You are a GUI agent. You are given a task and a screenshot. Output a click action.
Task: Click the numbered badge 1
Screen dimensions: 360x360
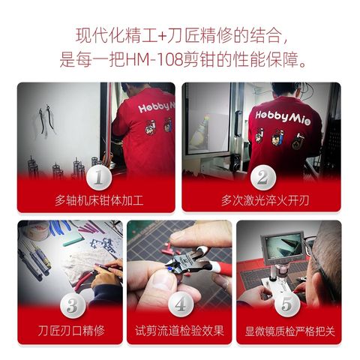(x=99, y=178)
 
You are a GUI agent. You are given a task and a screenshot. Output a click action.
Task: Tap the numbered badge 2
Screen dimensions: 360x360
(x=263, y=178)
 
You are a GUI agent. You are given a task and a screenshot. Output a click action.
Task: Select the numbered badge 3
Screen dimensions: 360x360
(x=73, y=305)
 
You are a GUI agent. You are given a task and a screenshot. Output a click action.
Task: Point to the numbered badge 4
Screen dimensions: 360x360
(x=181, y=304)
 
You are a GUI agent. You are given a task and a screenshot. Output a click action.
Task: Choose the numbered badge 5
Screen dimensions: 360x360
(x=287, y=304)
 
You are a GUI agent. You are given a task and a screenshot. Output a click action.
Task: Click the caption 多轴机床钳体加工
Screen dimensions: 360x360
(x=99, y=200)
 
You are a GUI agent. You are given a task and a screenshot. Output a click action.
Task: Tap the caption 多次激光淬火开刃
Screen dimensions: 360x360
(x=265, y=200)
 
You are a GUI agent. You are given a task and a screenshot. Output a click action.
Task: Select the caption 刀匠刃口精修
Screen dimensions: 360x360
(x=71, y=331)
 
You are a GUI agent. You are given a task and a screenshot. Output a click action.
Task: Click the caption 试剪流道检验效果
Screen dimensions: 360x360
(x=179, y=331)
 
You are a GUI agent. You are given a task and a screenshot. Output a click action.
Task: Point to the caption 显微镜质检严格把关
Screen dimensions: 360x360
(x=289, y=331)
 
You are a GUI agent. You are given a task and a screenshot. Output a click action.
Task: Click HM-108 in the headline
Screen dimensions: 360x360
(x=154, y=60)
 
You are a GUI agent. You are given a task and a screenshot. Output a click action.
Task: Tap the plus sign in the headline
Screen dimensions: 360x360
(x=162, y=37)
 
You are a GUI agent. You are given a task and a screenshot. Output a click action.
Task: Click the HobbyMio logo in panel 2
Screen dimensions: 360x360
(x=283, y=117)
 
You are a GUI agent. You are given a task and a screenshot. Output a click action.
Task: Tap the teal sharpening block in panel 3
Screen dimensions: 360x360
(x=73, y=241)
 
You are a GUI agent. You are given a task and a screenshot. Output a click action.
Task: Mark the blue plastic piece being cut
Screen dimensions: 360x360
(x=170, y=269)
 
